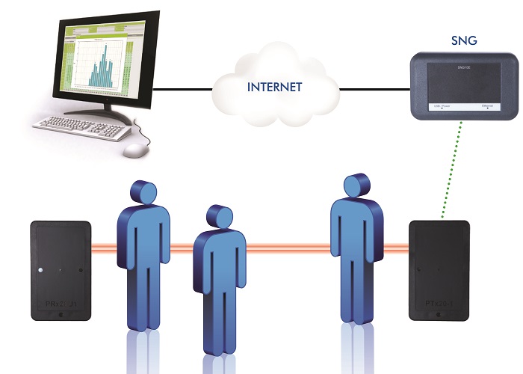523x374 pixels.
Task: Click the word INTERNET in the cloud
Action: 275,88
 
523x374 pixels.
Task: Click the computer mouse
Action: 134,150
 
